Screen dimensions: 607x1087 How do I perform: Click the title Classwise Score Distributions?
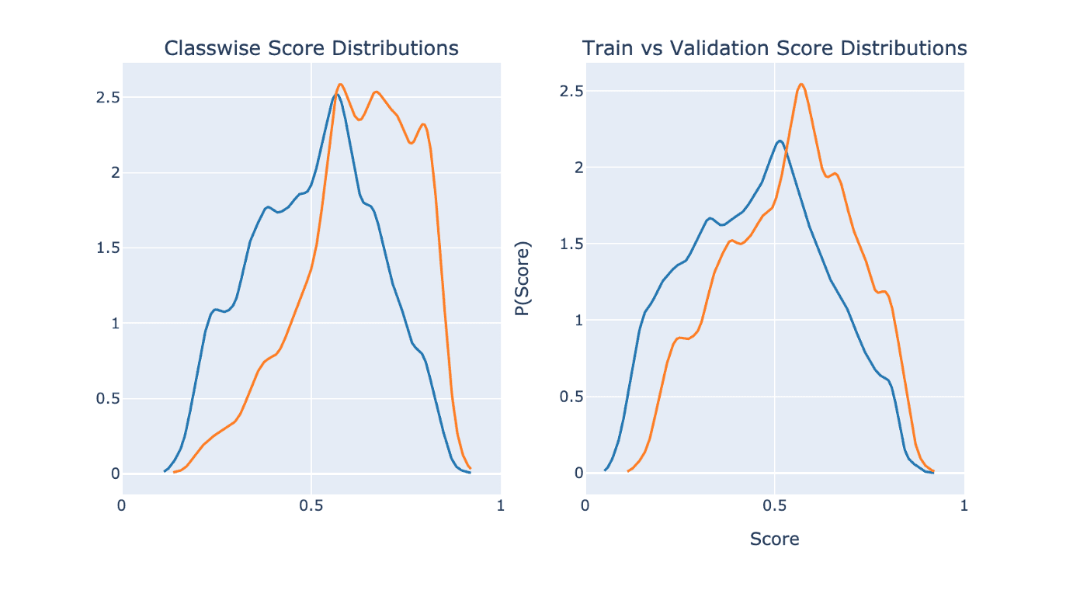coord(311,48)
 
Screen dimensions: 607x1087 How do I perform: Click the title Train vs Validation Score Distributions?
coord(774,48)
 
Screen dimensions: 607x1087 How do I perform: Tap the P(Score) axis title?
coord(523,279)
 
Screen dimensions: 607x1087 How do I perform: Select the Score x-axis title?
coord(774,539)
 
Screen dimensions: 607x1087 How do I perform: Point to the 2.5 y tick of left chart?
coord(106,98)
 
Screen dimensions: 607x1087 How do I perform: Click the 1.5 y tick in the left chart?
coord(106,248)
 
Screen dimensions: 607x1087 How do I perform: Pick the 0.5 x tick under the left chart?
coord(311,506)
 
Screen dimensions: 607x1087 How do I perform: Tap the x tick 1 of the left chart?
coord(500,506)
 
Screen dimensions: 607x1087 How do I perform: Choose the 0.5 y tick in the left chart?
coord(106,399)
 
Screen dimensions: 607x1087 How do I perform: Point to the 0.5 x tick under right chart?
coord(774,506)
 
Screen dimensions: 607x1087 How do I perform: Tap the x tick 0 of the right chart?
coord(585,506)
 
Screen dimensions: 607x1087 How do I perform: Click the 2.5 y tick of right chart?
coord(570,92)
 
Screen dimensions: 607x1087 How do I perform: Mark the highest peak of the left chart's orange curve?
coord(340,84)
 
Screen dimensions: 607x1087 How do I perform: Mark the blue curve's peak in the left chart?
coord(336,95)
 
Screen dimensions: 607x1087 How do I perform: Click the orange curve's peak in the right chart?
coord(801,84)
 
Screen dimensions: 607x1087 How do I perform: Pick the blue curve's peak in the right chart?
coord(780,140)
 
